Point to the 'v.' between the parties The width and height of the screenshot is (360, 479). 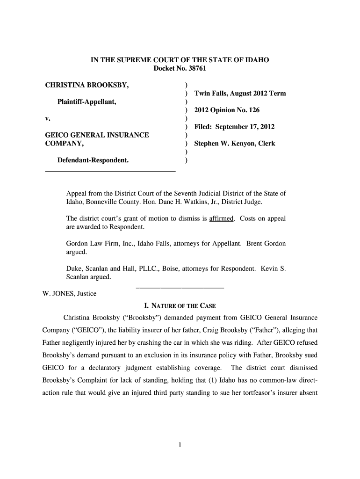[x=47, y=118]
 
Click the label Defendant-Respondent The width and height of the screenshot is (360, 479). [x=93, y=160]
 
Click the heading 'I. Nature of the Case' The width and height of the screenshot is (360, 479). [x=180, y=306]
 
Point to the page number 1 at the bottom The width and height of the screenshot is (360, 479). [x=180, y=444]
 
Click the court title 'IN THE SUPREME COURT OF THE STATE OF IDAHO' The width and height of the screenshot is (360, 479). [x=180, y=60]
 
